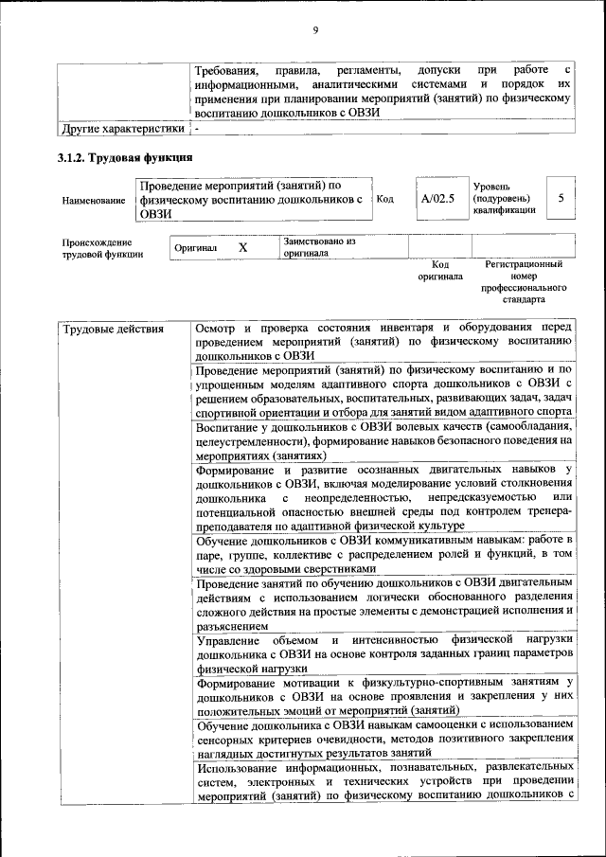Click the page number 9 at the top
[315, 31]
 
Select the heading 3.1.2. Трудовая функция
[126, 157]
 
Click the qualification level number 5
[561, 199]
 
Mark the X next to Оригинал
[242, 247]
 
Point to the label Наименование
[93, 201]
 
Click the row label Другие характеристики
[122, 128]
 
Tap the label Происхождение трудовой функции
[102, 247]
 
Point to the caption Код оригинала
[440, 271]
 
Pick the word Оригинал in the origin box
[196, 248]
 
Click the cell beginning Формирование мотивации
[383, 697]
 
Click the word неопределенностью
[350, 497]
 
